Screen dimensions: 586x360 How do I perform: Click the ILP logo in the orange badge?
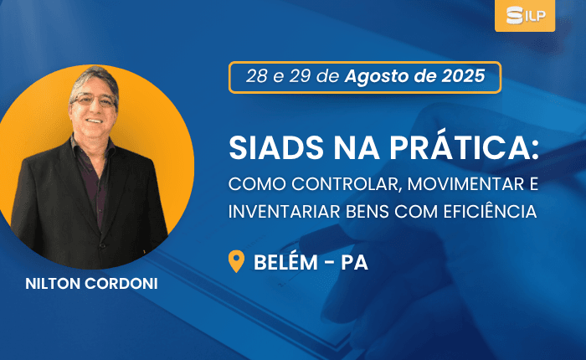tap(526, 15)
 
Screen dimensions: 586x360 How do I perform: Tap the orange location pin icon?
tap(236, 261)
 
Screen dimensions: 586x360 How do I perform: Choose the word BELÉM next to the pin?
tap(285, 262)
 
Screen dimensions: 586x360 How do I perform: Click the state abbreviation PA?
tap(354, 262)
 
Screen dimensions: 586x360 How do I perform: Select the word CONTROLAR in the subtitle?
tap(345, 184)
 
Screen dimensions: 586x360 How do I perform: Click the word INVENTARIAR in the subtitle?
tap(285, 212)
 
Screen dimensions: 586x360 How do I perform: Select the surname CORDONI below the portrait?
tap(121, 284)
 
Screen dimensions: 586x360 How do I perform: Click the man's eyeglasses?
tap(94, 100)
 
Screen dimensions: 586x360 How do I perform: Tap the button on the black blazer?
tap(101, 245)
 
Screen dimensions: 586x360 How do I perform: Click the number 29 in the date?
tap(300, 76)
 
